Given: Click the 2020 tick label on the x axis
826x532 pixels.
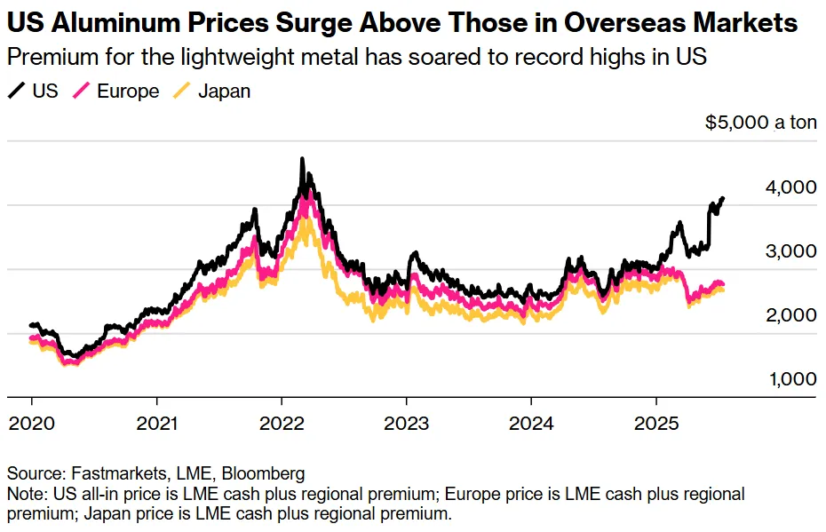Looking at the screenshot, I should (x=31, y=424).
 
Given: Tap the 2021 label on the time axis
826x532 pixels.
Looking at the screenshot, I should (x=156, y=424).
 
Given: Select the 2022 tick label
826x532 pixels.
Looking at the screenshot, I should (x=282, y=424).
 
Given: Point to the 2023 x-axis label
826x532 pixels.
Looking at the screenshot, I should (x=406, y=424).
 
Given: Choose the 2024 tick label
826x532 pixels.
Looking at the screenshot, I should (x=531, y=424).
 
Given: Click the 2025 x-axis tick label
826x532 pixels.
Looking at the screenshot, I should (x=655, y=424).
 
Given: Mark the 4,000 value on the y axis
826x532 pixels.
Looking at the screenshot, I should (x=790, y=187).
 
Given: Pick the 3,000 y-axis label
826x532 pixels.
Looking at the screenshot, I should (x=790, y=251).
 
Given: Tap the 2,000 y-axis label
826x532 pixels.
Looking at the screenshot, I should (x=790, y=315).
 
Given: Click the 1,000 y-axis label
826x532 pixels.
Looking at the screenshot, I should (x=790, y=379).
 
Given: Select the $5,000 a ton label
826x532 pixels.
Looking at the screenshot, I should (x=760, y=123).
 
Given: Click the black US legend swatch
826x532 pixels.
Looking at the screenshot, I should (x=17, y=91).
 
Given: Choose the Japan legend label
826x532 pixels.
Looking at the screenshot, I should (x=223, y=91).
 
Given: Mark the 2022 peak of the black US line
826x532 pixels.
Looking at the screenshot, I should (x=302, y=160).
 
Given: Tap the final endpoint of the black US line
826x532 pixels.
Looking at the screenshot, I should (x=723, y=198).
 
